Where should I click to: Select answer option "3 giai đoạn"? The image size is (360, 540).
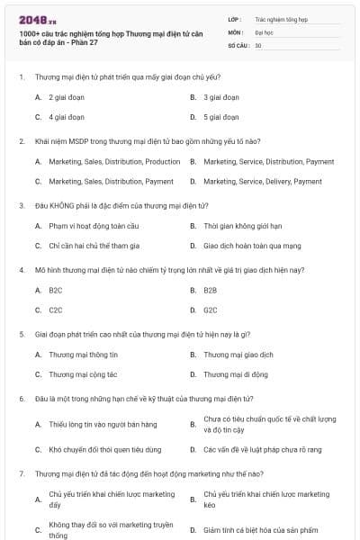click(x=220, y=97)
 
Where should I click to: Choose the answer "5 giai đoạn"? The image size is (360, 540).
click(x=220, y=117)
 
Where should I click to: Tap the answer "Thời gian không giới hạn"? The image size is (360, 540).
click(x=241, y=226)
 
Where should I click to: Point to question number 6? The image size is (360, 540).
click(x=21, y=398)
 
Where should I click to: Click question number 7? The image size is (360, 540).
click(x=21, y=472)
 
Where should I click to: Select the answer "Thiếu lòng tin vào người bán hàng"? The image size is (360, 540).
click(x=103, y=424)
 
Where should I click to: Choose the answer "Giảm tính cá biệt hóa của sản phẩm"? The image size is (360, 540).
click(x=260, y=530)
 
